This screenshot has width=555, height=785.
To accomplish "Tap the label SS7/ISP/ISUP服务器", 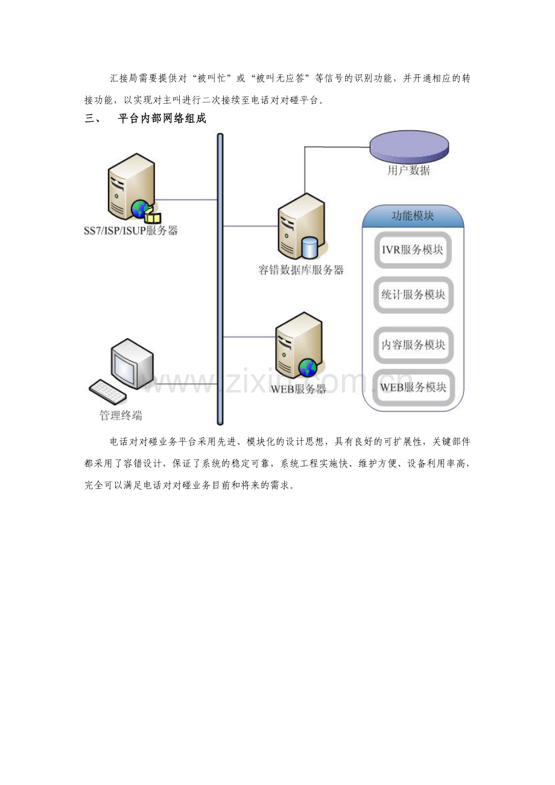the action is click(x=131, y=230).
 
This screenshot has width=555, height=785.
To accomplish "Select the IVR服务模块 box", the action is click(x=413, y=250).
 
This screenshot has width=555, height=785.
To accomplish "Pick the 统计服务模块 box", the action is click(x=413, y=295).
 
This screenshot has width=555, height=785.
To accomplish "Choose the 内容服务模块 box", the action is click(x=413, y=345).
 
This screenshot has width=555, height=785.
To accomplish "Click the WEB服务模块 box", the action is click(x=413, y=387).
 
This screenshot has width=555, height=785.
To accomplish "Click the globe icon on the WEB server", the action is click(x=308, y=368).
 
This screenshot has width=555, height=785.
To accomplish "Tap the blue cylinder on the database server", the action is click(x=309, y=247).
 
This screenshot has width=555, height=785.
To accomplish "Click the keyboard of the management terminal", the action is click(x=107, y=391).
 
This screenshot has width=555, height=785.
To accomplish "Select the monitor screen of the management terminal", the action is click(x=124, y=365).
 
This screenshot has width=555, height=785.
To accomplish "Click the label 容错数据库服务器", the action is click(x=301, y=270).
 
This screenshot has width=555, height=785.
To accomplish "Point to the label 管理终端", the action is click(x=121, y=415).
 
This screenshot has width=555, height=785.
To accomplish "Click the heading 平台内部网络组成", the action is click(x=162, y=118).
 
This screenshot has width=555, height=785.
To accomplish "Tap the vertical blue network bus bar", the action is click(x=220, y=279).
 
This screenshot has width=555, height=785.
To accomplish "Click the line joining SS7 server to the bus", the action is click(x=186, y=200).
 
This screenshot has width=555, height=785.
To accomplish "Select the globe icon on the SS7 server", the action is click(x=140, y=209).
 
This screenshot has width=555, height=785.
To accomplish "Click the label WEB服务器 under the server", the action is click(x=299, y=389).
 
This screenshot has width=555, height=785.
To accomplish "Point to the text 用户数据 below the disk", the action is click(x=409, y=171).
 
